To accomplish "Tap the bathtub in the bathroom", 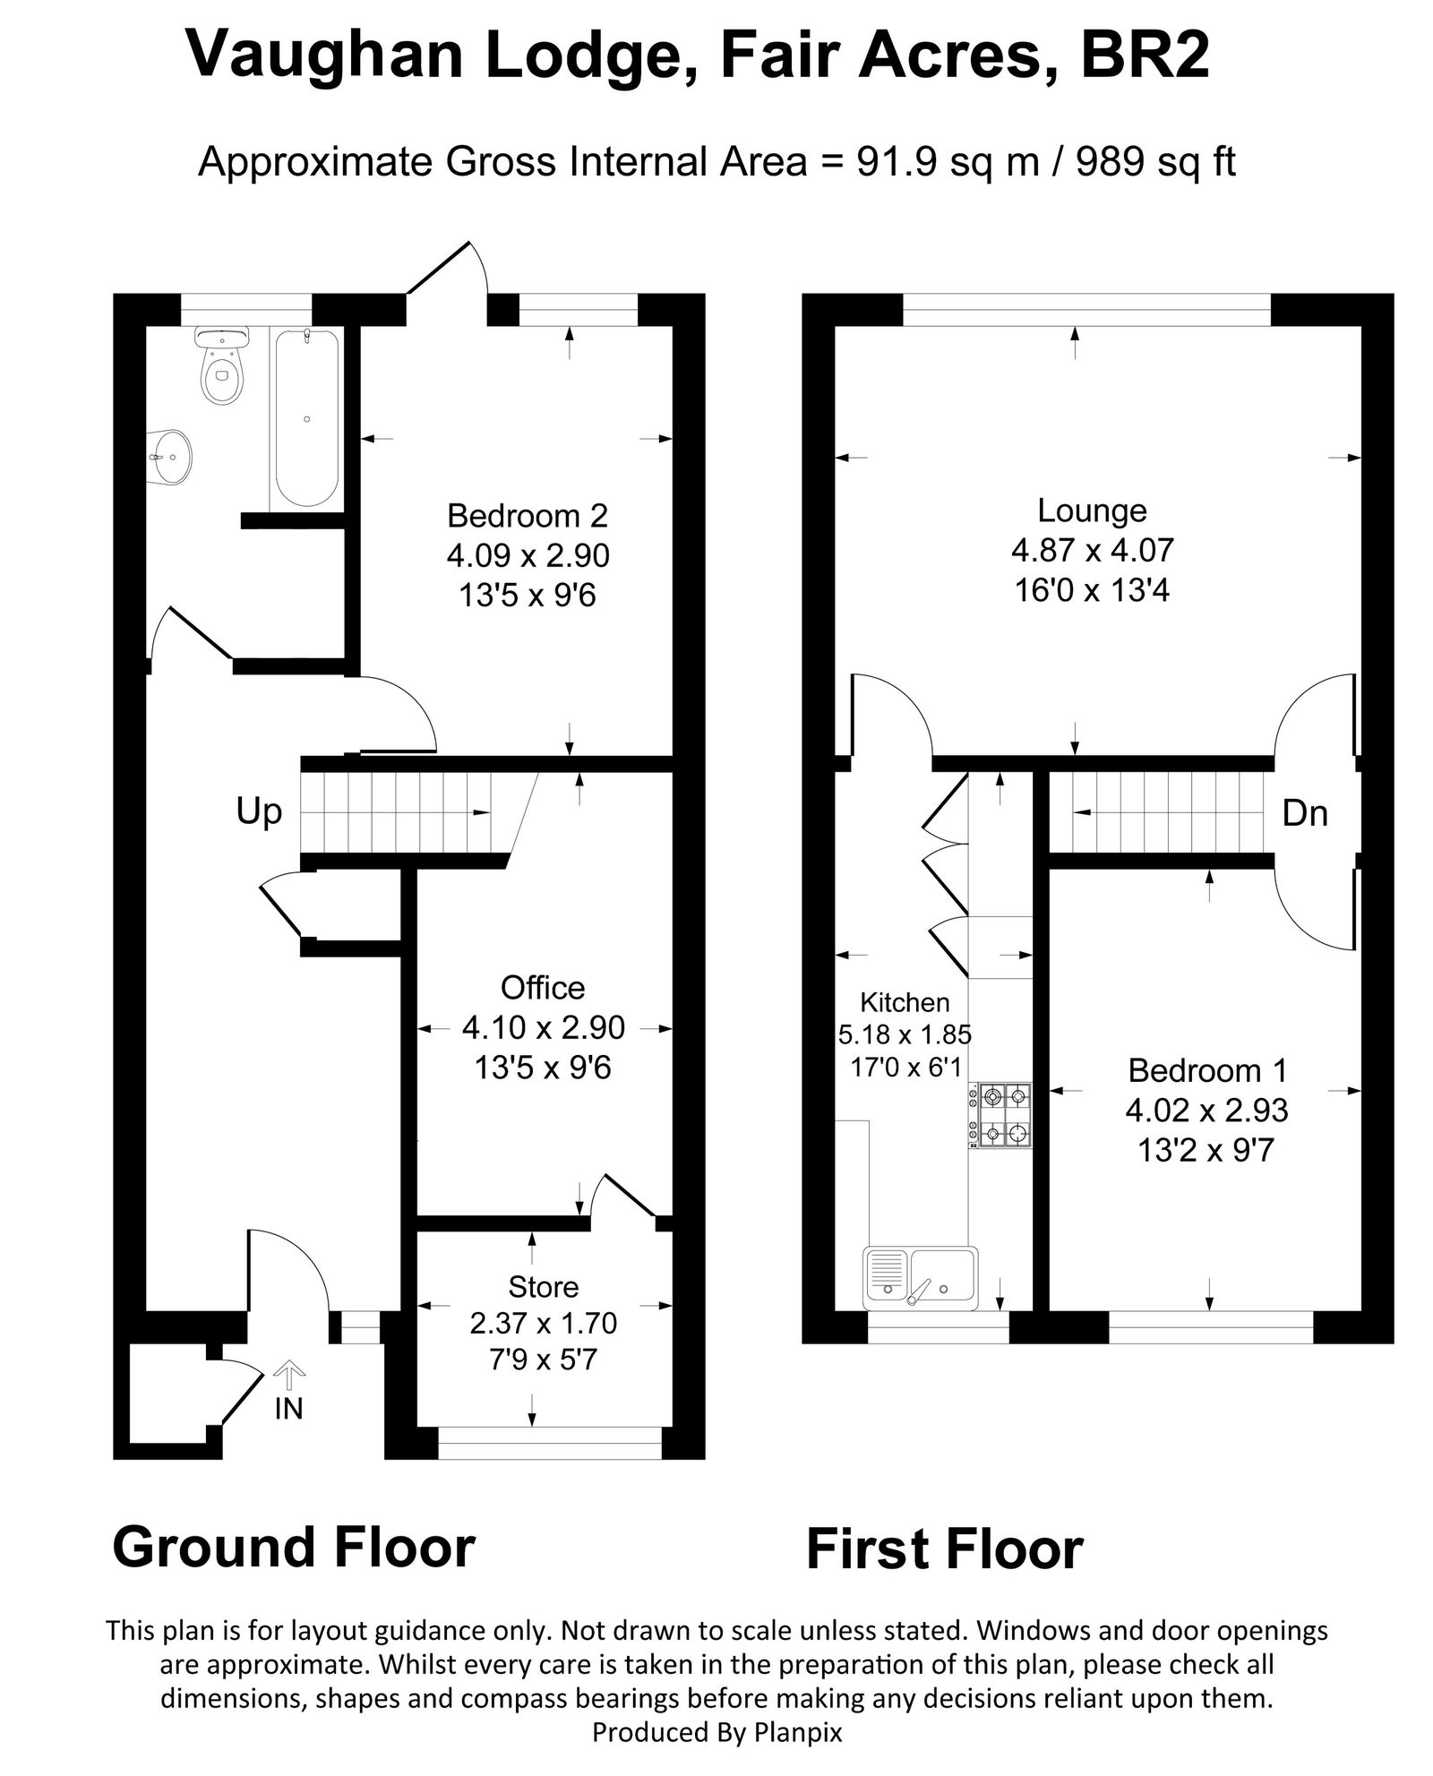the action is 306,417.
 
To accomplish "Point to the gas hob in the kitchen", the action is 1000,1116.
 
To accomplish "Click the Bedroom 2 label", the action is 528,516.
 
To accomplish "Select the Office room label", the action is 543,988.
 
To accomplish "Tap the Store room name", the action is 543,1287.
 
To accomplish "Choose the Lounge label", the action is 1092,510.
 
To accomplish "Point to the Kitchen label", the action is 905,1002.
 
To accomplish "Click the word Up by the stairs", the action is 259,812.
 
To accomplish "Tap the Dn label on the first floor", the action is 1305,813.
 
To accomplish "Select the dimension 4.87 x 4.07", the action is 1092,550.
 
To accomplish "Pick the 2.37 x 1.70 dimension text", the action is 543,1323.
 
